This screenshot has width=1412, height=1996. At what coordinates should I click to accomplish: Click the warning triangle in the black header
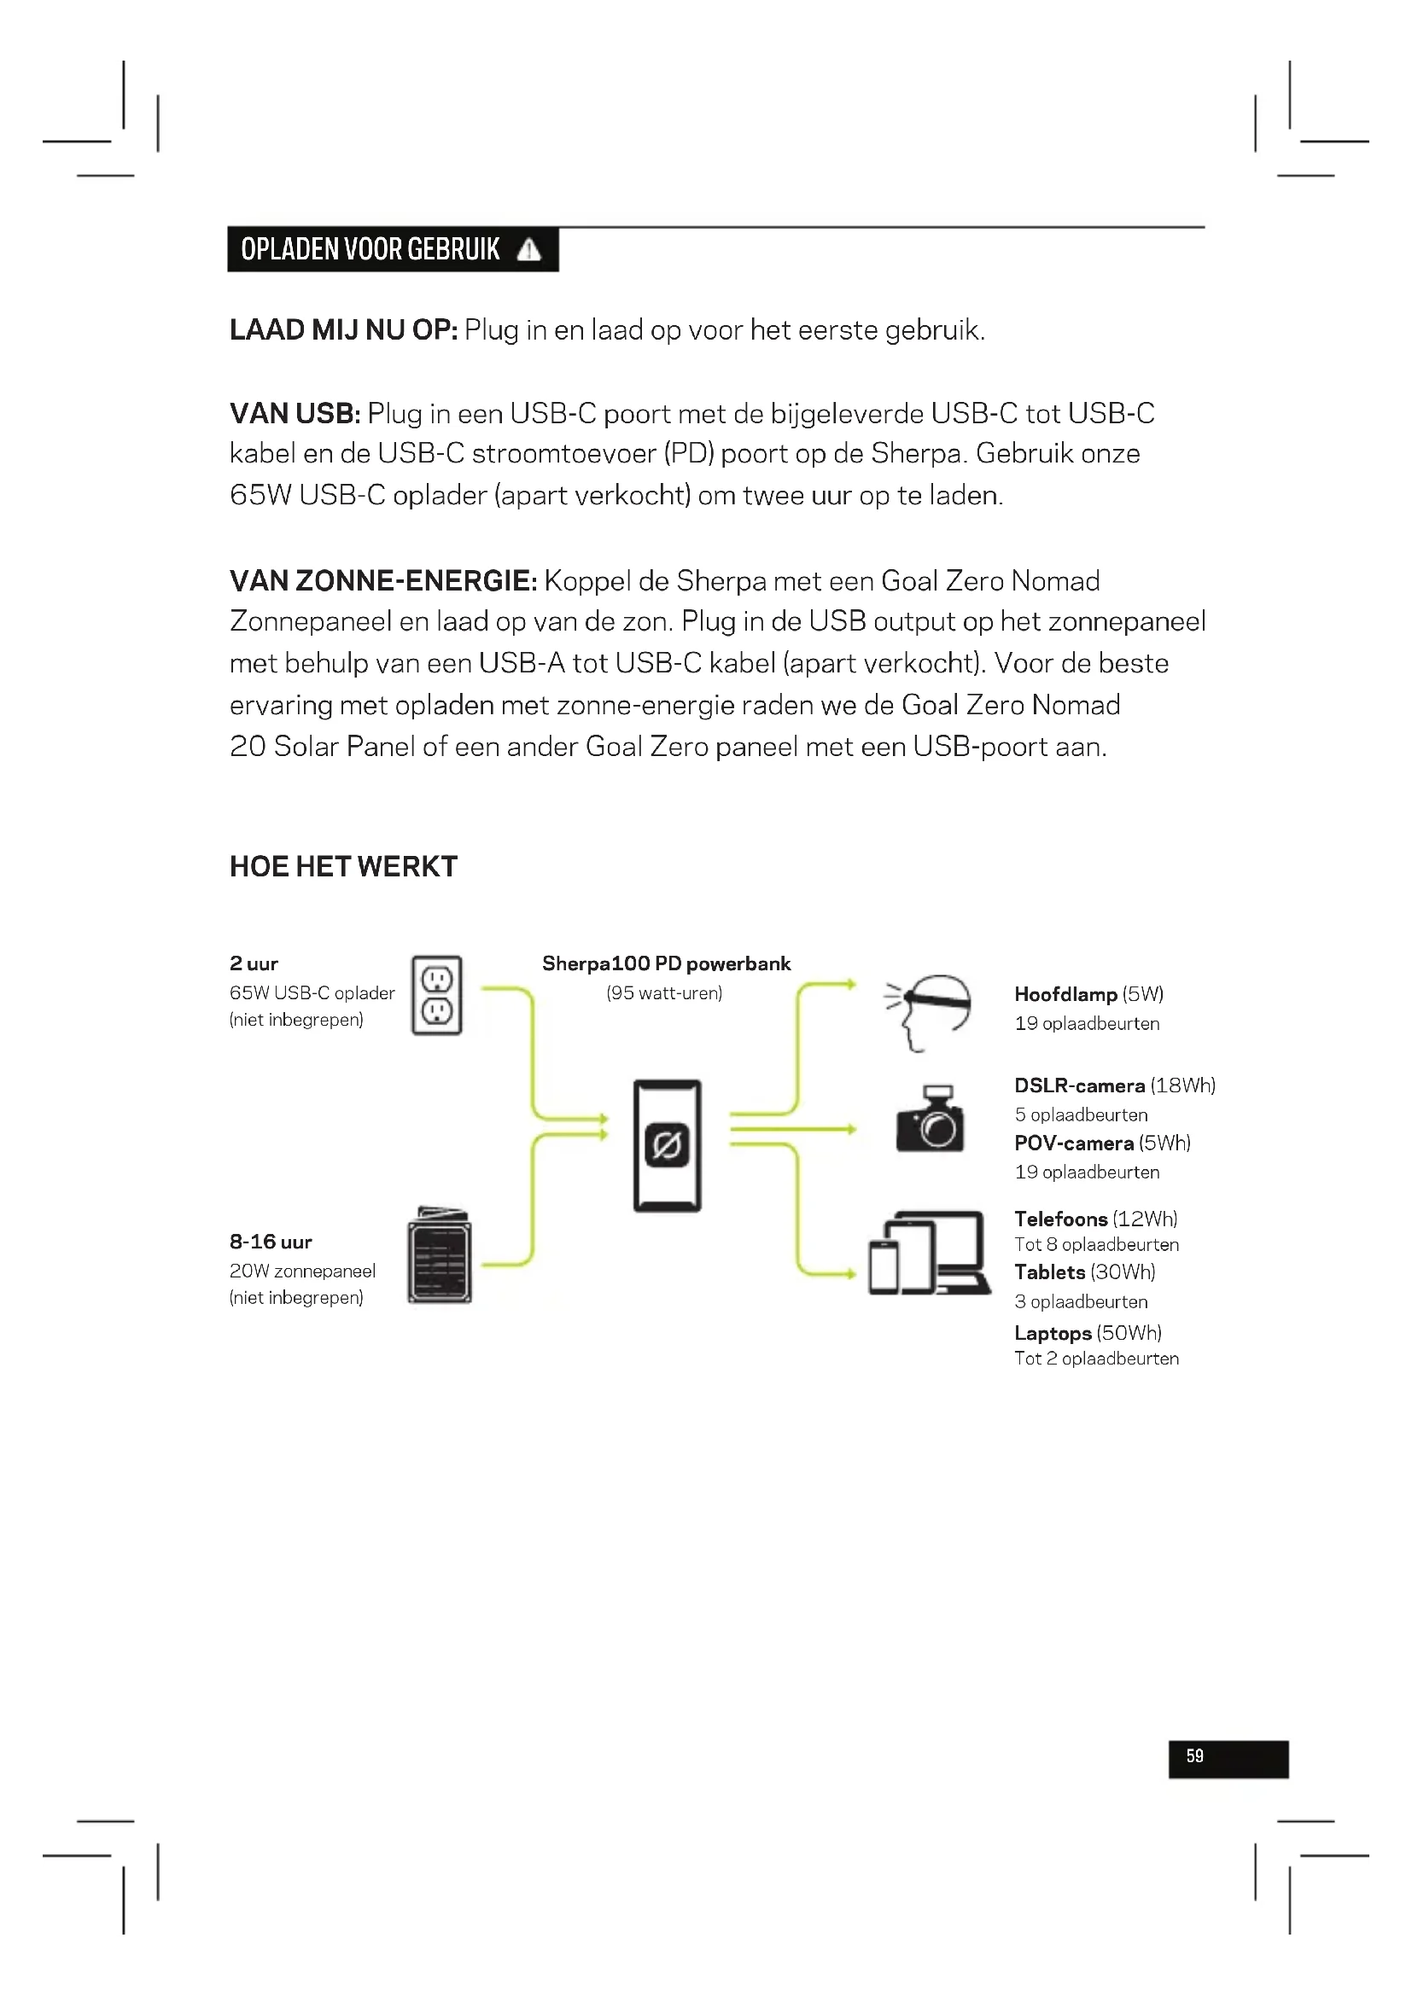click(528, 250)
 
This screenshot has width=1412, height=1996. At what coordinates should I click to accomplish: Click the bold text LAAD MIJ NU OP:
click(343, 330)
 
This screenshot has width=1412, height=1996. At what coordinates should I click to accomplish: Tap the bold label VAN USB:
click(295, 414)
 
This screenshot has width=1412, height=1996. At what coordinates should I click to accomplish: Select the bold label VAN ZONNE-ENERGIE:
click(383, 581)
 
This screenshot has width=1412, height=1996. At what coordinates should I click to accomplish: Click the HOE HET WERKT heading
click(343, 867)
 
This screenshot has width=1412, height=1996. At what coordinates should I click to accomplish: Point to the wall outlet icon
click(436, 995)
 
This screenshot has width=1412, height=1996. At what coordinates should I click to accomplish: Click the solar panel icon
click(440, 1254)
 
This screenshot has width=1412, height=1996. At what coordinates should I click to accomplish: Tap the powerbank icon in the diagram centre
click(667, 1145)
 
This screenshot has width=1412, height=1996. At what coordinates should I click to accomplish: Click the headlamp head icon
click(928, 1010)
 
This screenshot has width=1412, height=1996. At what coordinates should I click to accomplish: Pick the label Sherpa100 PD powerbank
click(666, 963)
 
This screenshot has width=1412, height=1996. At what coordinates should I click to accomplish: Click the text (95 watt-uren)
click(664, 992)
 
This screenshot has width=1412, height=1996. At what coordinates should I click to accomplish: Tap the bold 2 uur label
click(254, 963)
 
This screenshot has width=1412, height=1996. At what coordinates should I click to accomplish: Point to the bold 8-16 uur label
click(271, 1242)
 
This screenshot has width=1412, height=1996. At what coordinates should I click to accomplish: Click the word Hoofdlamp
click(1065, 994)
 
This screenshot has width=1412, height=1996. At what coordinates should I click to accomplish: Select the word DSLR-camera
click(1079, 1085)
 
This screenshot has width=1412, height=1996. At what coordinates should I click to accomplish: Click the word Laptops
click(1052, 1333)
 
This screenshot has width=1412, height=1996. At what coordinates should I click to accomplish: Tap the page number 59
click(1194, 1756)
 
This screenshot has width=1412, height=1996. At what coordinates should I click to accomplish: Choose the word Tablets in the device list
click(1049, 1272)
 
